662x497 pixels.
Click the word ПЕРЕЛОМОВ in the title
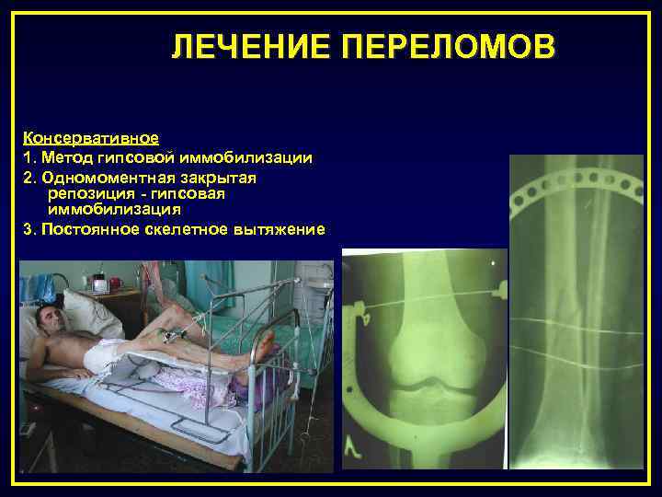tap(448, 47)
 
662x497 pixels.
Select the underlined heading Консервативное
tap(91, 138)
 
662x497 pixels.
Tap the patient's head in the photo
tap(47, 322)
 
